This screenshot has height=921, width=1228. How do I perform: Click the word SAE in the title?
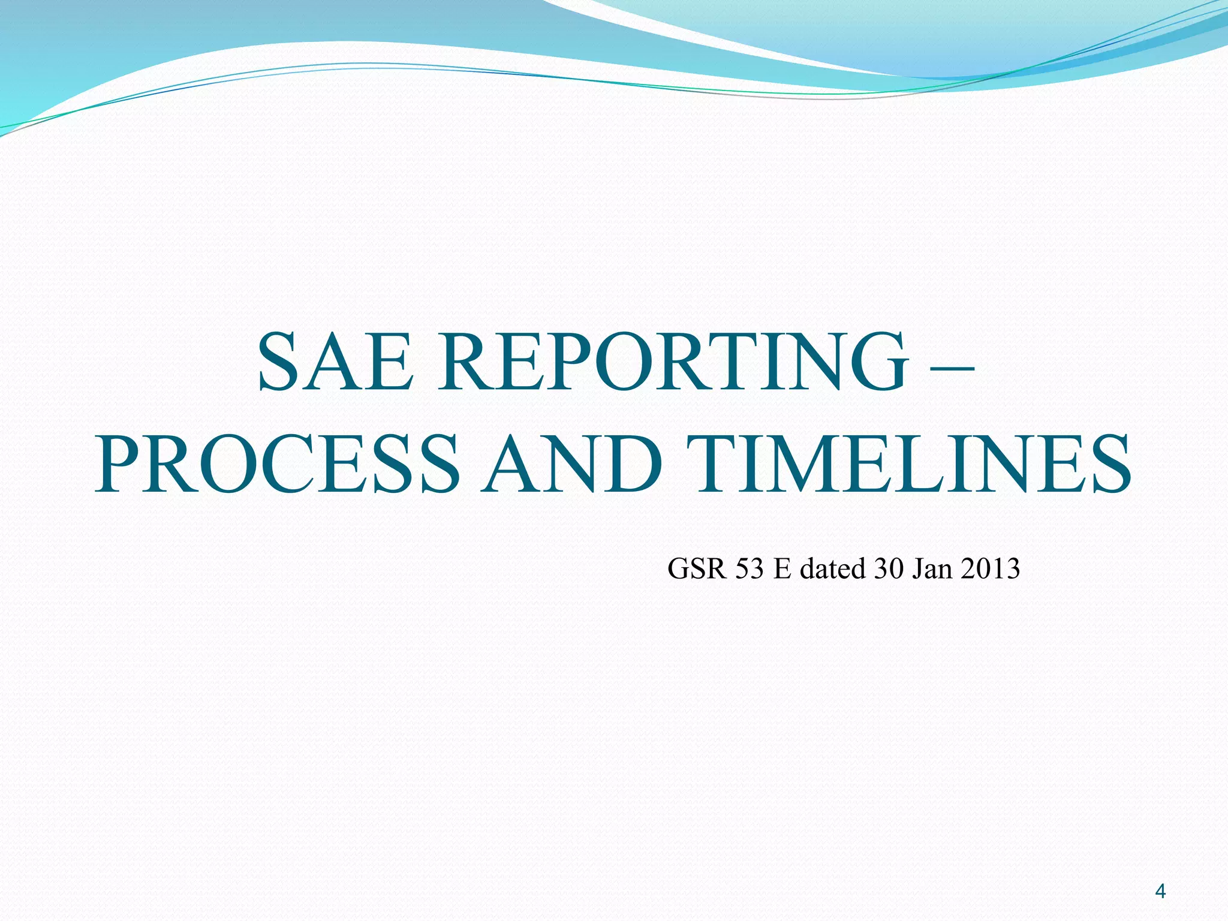click(x=336, y=362)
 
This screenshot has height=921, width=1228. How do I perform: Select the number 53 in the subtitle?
click(x=749, y=568)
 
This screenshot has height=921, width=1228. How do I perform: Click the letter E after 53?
click(x=782, y=568)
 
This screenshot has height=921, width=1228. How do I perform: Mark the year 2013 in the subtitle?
click(x=989, y=568)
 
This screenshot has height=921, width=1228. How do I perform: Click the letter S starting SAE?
click(x=279, y=362)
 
